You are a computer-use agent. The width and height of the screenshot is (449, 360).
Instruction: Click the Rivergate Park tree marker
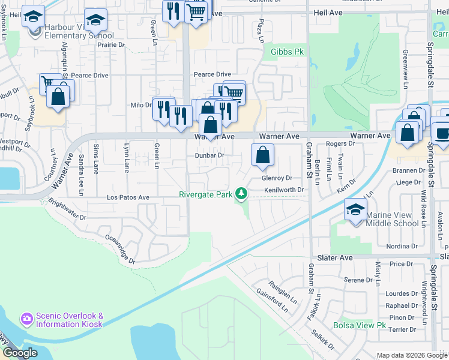point(241,193)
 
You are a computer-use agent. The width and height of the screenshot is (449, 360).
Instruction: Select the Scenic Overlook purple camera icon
point(26,318)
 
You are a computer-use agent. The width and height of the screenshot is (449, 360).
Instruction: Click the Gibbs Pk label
point(288,52)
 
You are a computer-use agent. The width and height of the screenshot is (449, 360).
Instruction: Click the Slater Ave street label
point(334,257)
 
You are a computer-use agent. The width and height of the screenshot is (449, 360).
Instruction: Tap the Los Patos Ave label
point(128,197)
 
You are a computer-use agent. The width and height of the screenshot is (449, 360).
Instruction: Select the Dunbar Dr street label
point(209,155)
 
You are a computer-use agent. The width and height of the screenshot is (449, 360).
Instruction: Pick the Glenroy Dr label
point(276,178)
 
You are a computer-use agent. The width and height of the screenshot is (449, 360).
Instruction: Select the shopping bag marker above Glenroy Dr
point(262,155)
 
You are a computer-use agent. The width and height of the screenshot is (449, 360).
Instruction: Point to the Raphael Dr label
point(402,305)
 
